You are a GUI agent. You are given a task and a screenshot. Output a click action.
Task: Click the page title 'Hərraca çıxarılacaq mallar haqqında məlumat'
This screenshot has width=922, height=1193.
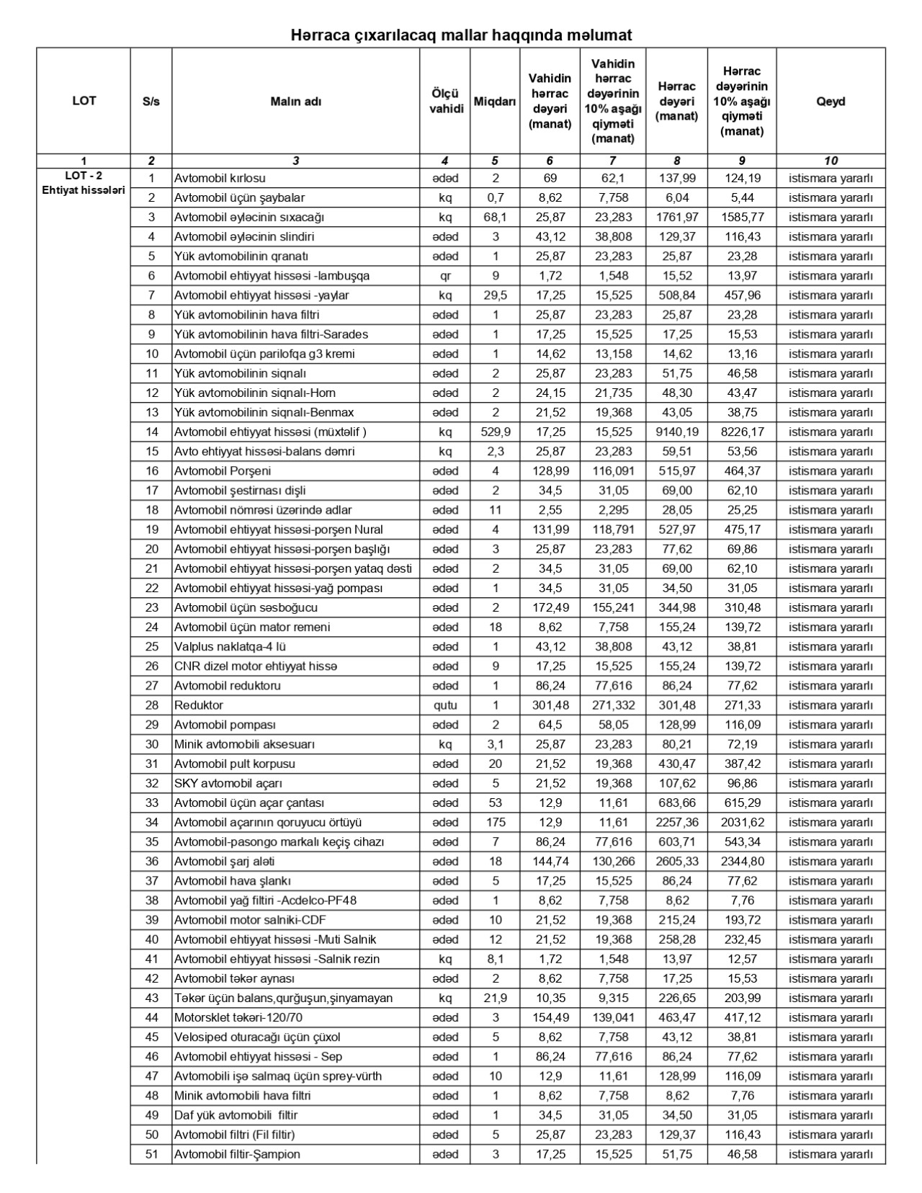[461, 35]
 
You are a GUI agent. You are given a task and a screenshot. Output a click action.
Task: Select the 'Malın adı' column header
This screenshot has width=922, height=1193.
[295, 101]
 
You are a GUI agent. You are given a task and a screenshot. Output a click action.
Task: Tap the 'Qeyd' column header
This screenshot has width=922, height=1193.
[831, 101]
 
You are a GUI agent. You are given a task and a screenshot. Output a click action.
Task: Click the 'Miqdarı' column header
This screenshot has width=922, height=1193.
[494, 101]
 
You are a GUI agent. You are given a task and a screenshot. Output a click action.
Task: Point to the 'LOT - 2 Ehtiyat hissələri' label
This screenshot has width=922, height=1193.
[84, 184]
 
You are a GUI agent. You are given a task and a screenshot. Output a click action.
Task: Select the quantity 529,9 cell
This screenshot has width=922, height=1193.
[496, 432]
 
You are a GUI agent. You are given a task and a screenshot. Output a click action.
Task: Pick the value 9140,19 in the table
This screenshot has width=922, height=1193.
[676, 432]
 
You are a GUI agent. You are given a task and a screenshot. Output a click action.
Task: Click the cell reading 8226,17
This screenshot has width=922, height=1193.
[741, 432]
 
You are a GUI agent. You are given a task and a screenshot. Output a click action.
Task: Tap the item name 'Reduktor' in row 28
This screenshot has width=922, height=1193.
[199, 705]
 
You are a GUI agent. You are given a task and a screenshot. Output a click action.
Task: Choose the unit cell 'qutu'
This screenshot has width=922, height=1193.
[445, 705]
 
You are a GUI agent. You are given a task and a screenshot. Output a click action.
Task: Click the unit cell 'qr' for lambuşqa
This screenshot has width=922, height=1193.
[445, 276]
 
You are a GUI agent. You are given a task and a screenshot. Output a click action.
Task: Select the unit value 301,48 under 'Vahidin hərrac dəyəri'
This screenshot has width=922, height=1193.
[550, 705]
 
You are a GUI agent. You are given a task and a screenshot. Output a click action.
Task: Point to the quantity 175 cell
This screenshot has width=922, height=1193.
[496, 822]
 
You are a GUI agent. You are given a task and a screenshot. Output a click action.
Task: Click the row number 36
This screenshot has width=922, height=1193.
[151, 862]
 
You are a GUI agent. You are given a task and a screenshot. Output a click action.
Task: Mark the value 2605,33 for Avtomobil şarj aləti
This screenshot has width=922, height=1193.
[676, 862]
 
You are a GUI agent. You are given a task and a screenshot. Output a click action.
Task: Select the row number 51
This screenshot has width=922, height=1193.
[151, 1154]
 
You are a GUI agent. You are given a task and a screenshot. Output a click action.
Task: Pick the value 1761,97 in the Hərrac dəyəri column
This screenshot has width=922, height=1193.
[676, 217]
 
